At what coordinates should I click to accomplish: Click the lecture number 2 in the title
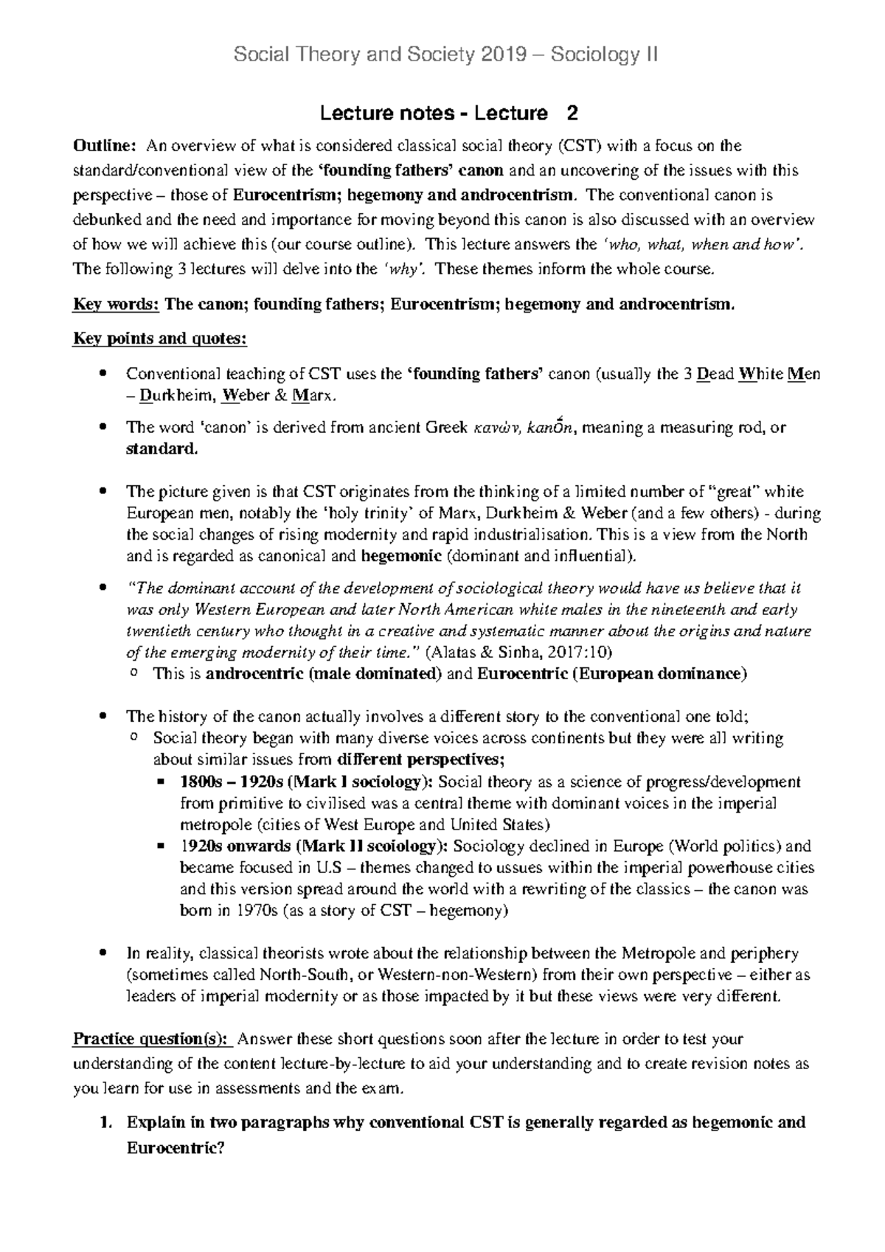click(572, 114)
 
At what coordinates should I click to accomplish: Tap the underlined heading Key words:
click(116, 305)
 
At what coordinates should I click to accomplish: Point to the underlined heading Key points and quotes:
click(159, 339)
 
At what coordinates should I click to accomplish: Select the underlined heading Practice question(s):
click(152, 1040)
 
